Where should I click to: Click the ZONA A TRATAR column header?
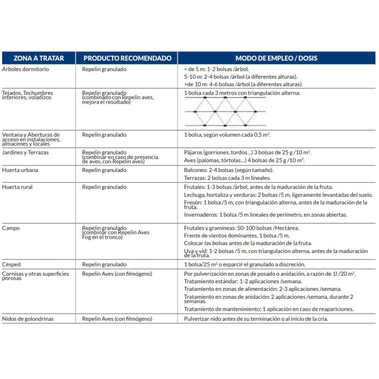[x=38, y=58]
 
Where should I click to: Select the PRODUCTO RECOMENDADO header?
[x=127, y=58]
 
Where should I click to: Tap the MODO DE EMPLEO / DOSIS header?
[x=277, y=58]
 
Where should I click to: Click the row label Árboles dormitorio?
[x=26, y=69]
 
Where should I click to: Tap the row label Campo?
[x=11, y=228]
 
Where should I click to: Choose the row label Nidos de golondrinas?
[x=28, y=319]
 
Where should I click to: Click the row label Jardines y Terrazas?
[x=26, y=153]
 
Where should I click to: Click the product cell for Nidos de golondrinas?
[x=117, y=319]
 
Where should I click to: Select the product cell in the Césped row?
[x=104, y=264]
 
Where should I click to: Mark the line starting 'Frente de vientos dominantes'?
[x=237, y=235]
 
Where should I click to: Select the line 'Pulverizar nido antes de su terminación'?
[x=256, y=319]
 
